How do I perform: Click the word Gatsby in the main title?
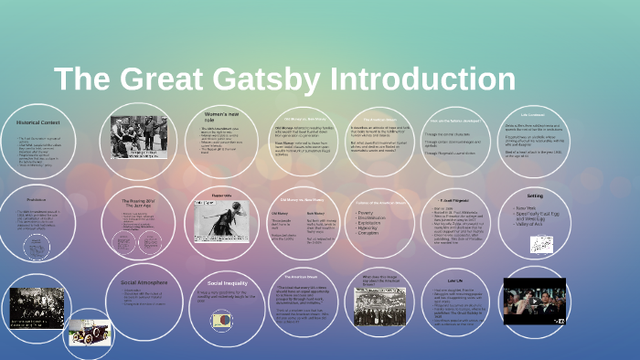[x=274, y=79]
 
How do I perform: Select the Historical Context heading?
[x=37, y=122]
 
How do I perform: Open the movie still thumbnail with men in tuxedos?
[x=535, y=301]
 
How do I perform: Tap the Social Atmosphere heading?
[x=145, y=283]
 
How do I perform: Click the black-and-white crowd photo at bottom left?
[x=36, y=308]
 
